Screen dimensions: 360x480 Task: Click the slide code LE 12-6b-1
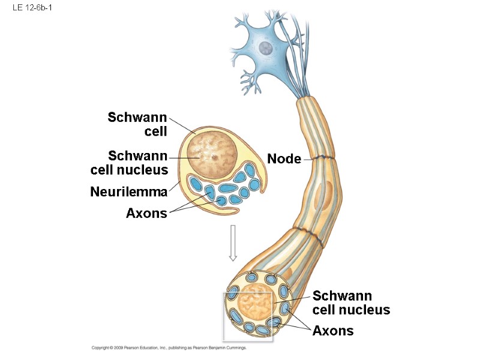pos(28,9)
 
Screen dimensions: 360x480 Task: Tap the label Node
pos(284,159)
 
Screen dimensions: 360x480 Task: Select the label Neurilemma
pos(128,192)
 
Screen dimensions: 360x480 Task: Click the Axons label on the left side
pos(146,212)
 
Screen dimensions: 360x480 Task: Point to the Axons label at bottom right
pos(333,331)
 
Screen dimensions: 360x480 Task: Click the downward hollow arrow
pos(233,243)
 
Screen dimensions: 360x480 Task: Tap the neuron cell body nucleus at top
pos(263,48)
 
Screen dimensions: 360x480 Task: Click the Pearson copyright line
pos(169,348)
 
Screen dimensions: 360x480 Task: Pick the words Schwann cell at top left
pos(137,124)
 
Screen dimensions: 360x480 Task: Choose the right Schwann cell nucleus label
pos(351,303)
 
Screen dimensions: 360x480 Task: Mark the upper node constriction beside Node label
pos(323,158)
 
